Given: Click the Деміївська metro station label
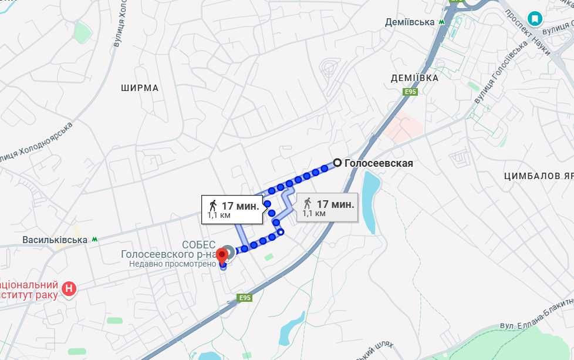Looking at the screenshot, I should (409, 22).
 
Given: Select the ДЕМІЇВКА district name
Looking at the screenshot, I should (414, 78).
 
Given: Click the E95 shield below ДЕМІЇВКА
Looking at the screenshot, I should (410, 92).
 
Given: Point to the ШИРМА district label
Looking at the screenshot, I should (140, 88).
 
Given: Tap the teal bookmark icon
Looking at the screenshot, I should (535, 19).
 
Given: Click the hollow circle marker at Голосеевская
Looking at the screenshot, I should (337, 163).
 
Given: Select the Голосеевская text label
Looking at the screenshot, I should (379, 164).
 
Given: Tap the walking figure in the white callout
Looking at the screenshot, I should (212, 206).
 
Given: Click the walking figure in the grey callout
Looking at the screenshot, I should (307, 204).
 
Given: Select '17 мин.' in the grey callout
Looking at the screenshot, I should (335, 204).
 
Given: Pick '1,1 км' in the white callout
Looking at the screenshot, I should (219, 216).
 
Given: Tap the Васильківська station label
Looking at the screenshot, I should (55, 240).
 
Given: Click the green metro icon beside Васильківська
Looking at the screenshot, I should (94, 240).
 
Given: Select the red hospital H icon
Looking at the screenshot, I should (69, 288).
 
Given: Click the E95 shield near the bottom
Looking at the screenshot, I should (245, 298).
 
